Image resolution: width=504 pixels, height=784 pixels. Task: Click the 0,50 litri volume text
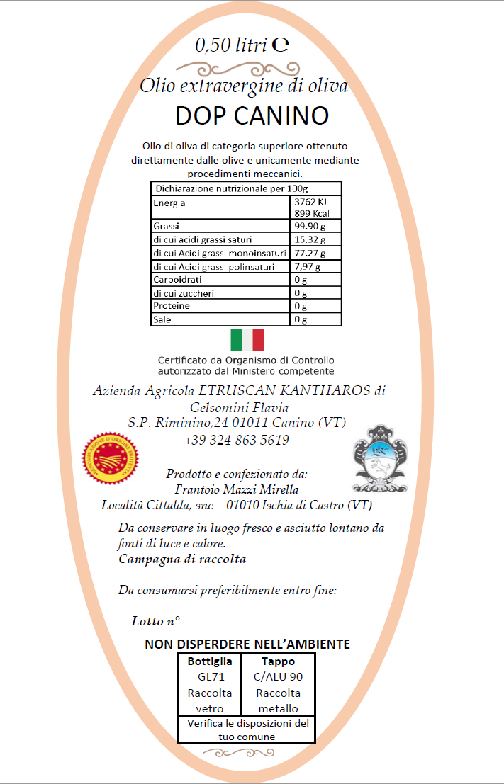(x=232, y=45)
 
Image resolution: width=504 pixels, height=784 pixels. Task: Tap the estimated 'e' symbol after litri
(x=280, y=44)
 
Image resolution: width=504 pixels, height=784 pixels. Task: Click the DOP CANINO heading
(x=252, y=115)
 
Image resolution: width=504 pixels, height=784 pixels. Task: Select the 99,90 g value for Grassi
(x=310, y=226)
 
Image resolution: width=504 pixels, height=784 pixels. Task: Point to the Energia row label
(x=169, y=203)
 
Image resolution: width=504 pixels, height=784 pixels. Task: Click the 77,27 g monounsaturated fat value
(x=310, y=253)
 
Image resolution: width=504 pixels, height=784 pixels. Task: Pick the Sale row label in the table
(x=162, y=319)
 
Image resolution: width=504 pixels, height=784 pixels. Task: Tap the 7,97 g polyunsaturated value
(x=307, y=267)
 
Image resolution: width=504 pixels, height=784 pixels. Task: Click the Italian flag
(x=247, y=340)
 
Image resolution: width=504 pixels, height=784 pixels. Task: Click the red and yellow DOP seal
(x=110, y=457)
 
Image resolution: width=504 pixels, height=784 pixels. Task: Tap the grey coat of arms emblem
(x=381, y=459)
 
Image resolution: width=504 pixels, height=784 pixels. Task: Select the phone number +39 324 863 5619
(x=236, y=440)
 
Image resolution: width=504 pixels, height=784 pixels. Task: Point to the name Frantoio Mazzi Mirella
(x=236, y=489)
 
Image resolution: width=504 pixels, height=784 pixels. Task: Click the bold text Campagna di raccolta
(x=182, y=559)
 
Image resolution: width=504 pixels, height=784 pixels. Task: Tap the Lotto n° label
(x=155, y=621)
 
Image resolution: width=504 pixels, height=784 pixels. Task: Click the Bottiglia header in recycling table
(x=210, y=661)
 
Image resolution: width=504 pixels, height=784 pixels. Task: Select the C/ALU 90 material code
(x=278, y=677)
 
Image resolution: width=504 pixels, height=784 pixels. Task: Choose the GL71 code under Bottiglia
(x=210, y=677)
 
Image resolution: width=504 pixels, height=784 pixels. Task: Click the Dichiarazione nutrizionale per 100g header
(x=231, y=189)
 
